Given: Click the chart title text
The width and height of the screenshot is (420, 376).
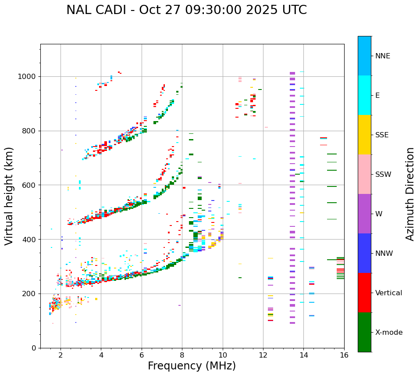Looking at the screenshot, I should coord(186,10).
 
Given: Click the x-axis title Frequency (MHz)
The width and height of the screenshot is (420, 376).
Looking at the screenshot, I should coord(192,366).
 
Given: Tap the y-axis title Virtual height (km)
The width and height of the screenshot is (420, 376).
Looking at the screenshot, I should coord(9,196).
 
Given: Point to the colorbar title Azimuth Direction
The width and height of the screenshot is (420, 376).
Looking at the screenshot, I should coord(410,194).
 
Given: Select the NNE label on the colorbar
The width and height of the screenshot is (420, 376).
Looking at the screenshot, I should coord(382,56).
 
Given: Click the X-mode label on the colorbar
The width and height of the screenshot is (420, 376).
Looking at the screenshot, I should coord(388,333).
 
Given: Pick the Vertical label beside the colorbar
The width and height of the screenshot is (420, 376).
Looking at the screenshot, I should coord(388,293).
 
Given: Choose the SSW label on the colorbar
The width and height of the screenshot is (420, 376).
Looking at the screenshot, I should coord(383,175).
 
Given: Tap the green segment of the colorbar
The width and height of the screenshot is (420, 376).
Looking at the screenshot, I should coord(364,332).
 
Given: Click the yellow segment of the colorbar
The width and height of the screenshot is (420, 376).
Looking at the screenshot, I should coord(364,135).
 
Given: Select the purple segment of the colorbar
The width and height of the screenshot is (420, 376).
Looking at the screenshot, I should coord(364,214).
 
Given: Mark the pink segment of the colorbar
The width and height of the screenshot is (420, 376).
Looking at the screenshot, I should coord(364,174).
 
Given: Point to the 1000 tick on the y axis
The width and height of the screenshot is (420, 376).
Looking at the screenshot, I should coord(28,77).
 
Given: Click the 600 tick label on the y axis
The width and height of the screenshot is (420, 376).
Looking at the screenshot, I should coord(30,185).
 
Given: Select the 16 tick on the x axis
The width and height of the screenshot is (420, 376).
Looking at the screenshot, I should coord(344,355).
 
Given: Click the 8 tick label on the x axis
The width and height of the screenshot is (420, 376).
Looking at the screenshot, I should coord(182,355).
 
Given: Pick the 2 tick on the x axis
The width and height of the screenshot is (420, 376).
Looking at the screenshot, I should coord(61,355).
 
